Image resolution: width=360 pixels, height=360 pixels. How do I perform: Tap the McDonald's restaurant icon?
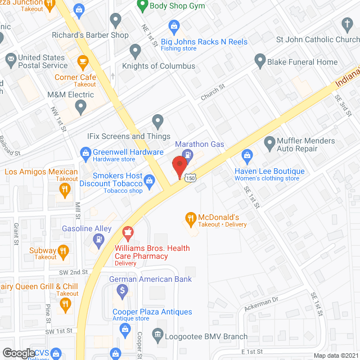[x=191, y=218]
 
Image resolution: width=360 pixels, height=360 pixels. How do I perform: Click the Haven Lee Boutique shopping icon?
[x=246, y=155]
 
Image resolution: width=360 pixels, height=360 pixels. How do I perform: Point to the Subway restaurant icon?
[x=64, y=251]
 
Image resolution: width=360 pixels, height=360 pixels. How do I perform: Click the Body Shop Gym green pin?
[x=142, y=7]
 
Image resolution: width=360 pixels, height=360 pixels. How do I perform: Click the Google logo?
[x=18, y=353]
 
